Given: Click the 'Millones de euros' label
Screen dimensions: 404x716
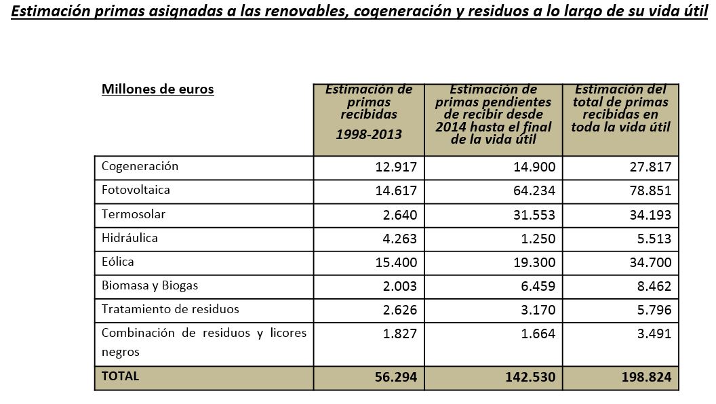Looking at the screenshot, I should pyautogui.click(x=157, y=89).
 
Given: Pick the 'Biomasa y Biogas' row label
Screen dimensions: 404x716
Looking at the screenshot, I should pyautogui.click(x=150, y=285).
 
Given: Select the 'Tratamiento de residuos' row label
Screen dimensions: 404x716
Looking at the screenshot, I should pyautogui.click(x=170, y=309).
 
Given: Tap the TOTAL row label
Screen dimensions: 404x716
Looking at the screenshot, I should pyautogui.click(x=120, y=376).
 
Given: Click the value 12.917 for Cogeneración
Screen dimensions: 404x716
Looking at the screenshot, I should pyautogui.click(x=396, y=167).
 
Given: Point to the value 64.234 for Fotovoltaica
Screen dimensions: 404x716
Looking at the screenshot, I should pyautogui.click(x=534, y=191).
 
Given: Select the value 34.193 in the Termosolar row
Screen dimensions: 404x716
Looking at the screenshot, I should pyautogui.click(x=650, y=215).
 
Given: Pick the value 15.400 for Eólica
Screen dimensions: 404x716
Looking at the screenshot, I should pyautogui.click(x=396, y=262).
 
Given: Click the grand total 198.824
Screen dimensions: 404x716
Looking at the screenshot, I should pyautogui.click(x=646, y=377).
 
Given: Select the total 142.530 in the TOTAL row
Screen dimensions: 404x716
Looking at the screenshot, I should pyautogui.click(x=530, y=377).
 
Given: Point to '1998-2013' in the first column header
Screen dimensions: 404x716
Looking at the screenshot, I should pyautogui.click(x=369, y=134).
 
